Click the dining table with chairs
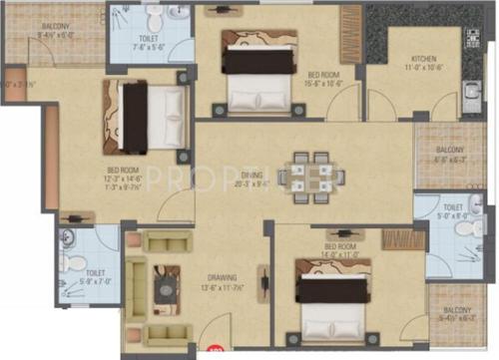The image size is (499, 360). (x=302, y=173)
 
